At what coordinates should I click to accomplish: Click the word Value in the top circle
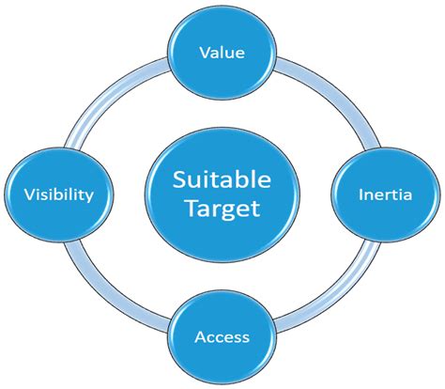tap(222, 53)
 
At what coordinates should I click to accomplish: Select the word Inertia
tap(386, 194)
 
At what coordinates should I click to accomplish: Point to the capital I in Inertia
tap(362, 194)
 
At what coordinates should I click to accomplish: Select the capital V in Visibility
tap(27, 194)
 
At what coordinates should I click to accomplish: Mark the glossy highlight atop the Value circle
tap(222, 23)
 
